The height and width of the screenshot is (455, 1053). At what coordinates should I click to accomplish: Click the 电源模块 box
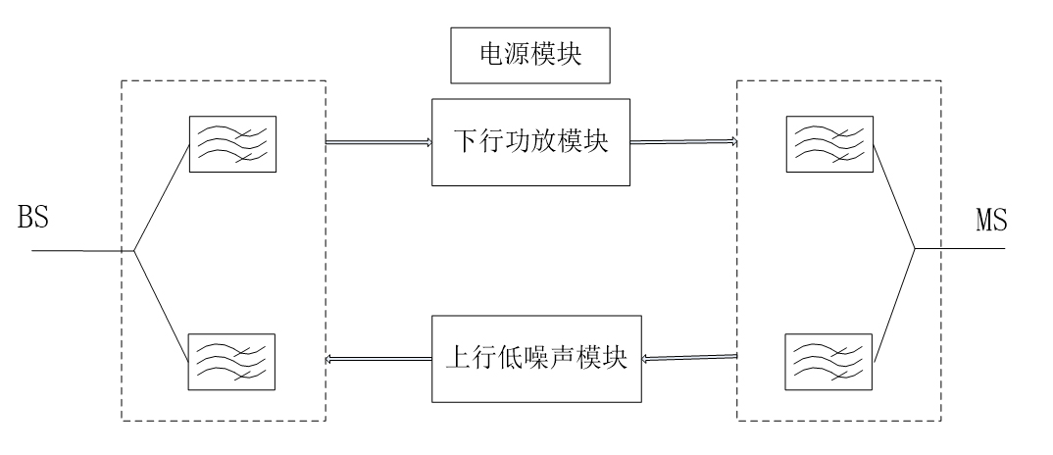pyautogui.click(x=529, y=56)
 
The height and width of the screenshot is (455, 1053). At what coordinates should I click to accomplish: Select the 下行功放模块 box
pyautogui.click(x=529, y=141)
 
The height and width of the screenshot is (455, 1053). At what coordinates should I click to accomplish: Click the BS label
pyautogui.click(x=33, y=218)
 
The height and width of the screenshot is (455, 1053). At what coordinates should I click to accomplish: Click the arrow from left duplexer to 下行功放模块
pyautogui.click(x=378, y=143)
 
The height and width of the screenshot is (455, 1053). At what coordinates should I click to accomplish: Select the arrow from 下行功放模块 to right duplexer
pyautogui.click(x=682, y=143)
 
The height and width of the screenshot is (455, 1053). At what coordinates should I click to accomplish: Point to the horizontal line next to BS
pyautogui.click(x=78, y=250)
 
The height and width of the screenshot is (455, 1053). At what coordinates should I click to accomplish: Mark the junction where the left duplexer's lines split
pyautogui.click(x=133, y=250)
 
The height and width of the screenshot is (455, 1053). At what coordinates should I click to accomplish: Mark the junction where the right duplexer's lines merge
pyautogui.click(x=914, y=247)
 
